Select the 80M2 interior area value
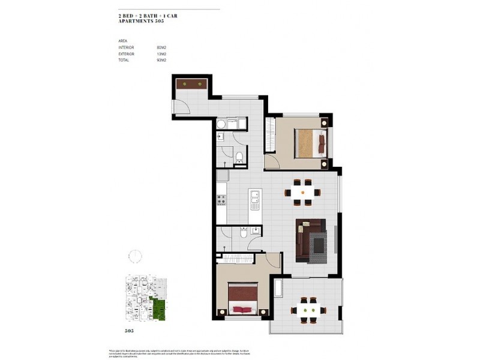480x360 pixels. (161, 47)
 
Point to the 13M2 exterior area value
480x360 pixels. (161, 54)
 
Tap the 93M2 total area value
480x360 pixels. (161, 61)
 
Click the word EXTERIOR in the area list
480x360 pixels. (127, 54)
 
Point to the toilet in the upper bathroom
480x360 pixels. (239, 158)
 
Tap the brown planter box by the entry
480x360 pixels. (191, 83)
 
